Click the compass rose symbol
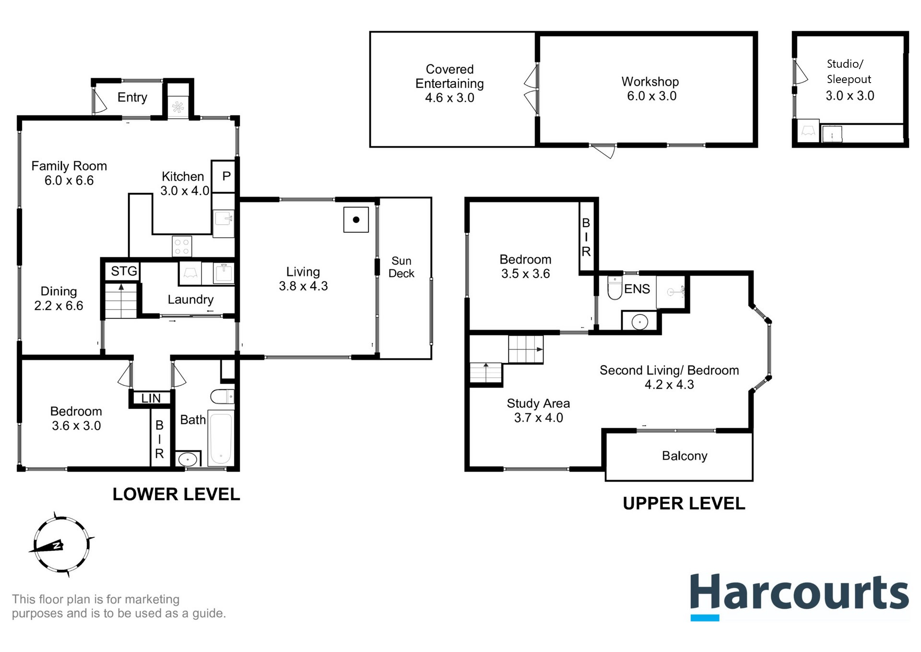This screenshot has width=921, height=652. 61,545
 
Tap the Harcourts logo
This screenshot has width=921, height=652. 799,595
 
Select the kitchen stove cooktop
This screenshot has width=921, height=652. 182,247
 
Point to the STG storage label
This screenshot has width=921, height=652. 124,271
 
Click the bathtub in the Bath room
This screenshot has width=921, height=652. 221,438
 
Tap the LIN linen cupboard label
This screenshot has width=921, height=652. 151,398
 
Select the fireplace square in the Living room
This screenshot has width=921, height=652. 356,220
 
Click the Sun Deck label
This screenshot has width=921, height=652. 401,267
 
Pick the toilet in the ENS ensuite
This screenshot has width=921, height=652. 614,288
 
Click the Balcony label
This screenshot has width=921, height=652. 685,456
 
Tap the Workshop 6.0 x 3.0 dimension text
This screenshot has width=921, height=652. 651,96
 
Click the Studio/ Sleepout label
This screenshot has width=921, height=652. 849,72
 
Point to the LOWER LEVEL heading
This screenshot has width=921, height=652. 176,494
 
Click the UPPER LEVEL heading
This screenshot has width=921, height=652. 684,503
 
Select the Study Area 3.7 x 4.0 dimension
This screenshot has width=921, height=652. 538,418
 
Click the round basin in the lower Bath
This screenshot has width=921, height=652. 188,459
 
